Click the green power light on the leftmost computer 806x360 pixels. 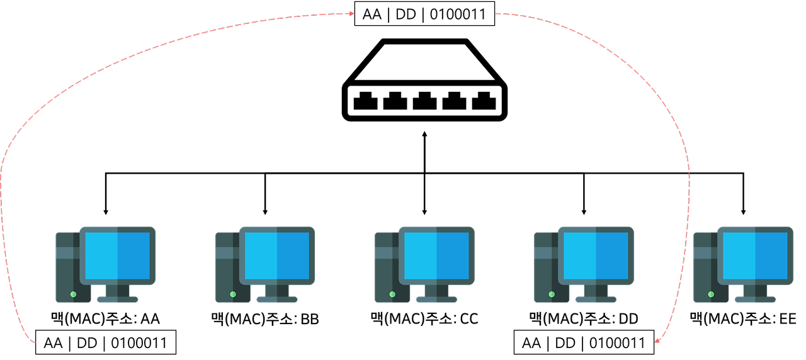point(73,294)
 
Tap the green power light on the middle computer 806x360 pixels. point(392,294)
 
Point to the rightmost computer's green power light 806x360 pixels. point(711,294)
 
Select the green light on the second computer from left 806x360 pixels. point(233,294)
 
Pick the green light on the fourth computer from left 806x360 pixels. point(552,294)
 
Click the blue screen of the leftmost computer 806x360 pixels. point(118,256)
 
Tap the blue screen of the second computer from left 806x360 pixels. point(277,256)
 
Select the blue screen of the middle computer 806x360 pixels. point(436,256)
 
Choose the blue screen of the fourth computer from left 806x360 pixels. point(596,256)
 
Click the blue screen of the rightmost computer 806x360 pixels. point(755,256)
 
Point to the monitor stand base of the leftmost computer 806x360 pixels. point(118,300)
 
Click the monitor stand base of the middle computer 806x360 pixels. point(436,300)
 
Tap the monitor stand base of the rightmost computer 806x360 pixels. point(755,300)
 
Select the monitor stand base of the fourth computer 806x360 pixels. point(596,300)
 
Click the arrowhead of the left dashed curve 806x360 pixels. point(352,13)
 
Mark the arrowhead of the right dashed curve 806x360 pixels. point(657,340)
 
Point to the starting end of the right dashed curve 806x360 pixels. point(496,14)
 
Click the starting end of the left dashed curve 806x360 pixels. point(35,342)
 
